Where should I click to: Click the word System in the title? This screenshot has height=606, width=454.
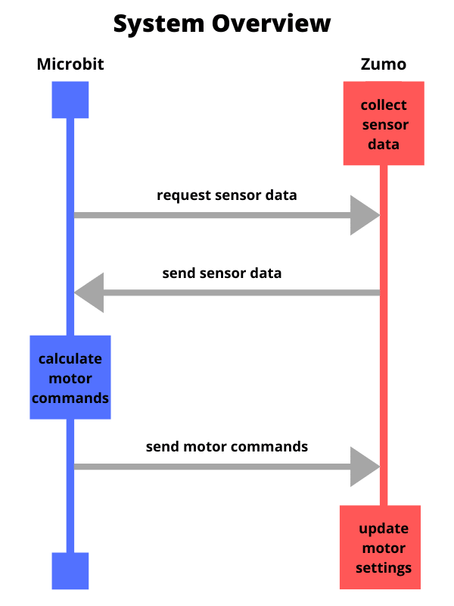[159, 24]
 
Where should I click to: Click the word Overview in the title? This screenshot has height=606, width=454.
[271, 23]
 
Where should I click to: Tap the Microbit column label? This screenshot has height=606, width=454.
[70, 64]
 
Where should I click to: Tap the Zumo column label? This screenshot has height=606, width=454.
[384, 64]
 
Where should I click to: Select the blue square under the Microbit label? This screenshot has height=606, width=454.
[70, 100]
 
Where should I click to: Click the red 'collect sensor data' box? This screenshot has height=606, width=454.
[384, 123]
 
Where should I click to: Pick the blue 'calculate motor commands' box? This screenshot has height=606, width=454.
[70, 377]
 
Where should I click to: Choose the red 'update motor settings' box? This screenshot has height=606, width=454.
[381, 547]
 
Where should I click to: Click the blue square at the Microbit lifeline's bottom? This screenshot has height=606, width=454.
[70, 571]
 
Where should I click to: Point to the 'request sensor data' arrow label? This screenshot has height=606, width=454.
[227, 195]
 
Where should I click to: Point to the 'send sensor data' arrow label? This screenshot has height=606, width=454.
[222, 273]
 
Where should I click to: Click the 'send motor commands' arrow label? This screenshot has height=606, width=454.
[227, 447]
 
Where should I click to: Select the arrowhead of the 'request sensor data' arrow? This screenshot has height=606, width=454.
[365, 215]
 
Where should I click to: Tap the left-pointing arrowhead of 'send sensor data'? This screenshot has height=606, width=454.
[89, 292]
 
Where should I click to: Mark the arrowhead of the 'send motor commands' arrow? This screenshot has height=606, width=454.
[365, 467]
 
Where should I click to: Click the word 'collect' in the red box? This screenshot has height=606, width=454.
[384, 105]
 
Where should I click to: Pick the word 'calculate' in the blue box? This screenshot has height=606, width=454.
[70, 359]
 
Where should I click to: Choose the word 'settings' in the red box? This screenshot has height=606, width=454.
[384, 568]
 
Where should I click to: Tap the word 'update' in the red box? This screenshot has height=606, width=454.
[384, 529]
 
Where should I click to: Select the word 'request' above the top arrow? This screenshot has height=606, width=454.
[184, 196]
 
